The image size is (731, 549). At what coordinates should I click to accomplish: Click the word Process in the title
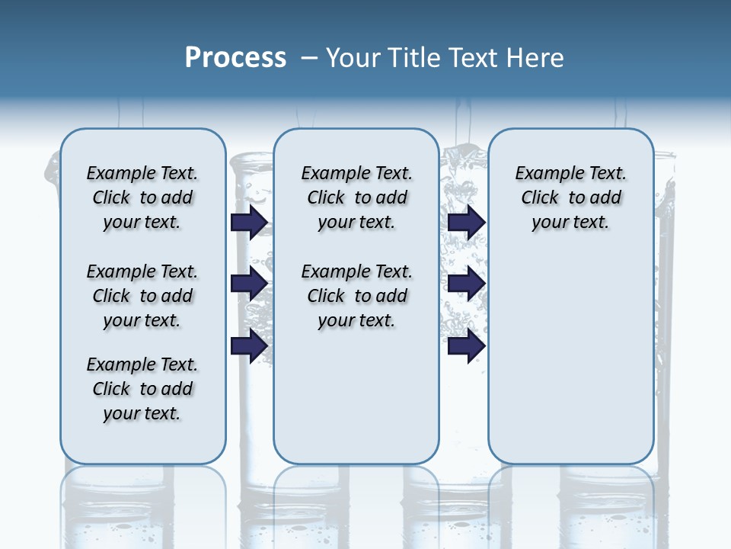point(235,58)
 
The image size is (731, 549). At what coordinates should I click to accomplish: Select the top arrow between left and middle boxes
point(248,222)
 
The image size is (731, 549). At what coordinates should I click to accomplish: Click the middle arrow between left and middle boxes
point(248,284)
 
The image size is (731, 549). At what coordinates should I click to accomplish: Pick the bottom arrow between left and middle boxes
point(248,346)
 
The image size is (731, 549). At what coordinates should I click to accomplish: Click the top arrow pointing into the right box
point(466,222)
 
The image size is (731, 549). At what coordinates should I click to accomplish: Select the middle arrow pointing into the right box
point(466,284)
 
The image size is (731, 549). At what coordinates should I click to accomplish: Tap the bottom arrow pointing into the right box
point(466,346)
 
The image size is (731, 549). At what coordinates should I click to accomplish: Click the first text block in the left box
point(142,197)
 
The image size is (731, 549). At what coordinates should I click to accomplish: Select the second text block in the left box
point(142,296)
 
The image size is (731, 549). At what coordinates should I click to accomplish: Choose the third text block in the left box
point(142,389)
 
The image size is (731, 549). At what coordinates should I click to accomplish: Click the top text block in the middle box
point(356,197)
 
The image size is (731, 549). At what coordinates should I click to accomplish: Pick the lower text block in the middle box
point(356,296)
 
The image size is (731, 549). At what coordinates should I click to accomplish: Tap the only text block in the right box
point(570,197)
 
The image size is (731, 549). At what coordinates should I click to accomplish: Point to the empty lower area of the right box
point(570,358)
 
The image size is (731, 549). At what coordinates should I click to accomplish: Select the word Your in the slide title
point(352,58)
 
